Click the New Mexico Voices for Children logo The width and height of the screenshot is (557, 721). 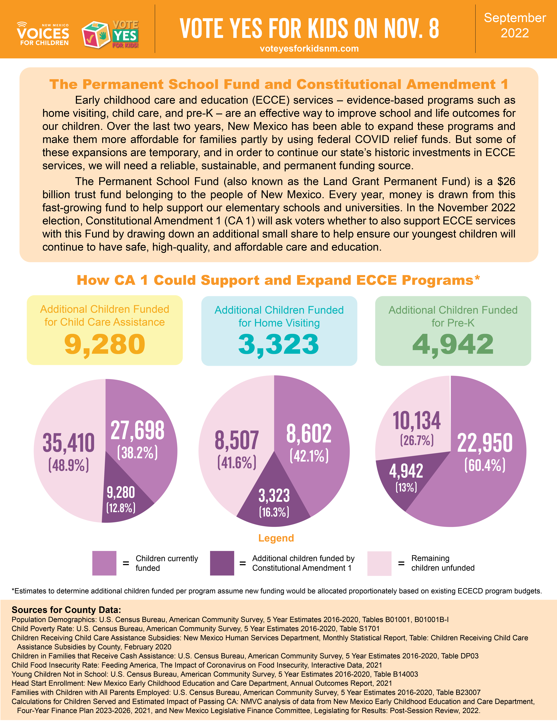(43, 34)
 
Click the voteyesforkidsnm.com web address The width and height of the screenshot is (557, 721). (309, 49)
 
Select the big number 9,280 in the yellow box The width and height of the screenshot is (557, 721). (105, 344)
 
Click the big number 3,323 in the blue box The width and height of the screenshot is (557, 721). (279, 344)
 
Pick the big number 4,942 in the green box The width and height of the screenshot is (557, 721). (453, 344)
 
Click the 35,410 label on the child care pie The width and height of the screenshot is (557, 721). (69, 443)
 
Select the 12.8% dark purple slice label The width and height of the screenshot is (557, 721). (121, 507)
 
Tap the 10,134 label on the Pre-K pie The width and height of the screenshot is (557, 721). (417, 421)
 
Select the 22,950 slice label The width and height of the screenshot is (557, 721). (485, 443)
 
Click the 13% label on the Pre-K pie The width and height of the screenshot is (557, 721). (406, 487)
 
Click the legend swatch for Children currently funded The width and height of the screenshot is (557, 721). (104, 563)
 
